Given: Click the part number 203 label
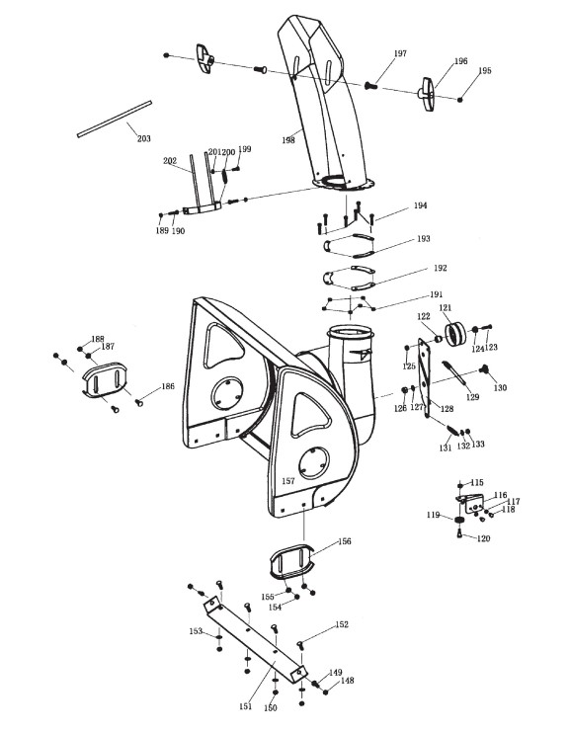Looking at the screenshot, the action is coord(144,138).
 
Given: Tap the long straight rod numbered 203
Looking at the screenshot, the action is coord(115,119).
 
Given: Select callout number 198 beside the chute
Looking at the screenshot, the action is coord(288,139).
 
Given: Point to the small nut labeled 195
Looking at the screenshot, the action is coord(460,99).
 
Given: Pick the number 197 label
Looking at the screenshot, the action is coord(400,53).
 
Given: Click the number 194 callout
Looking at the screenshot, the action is coord(421,205).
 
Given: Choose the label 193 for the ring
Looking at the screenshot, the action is coord(423,238).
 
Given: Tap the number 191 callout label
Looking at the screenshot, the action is coord(437,294).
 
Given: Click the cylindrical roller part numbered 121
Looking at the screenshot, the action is coord(456,334).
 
